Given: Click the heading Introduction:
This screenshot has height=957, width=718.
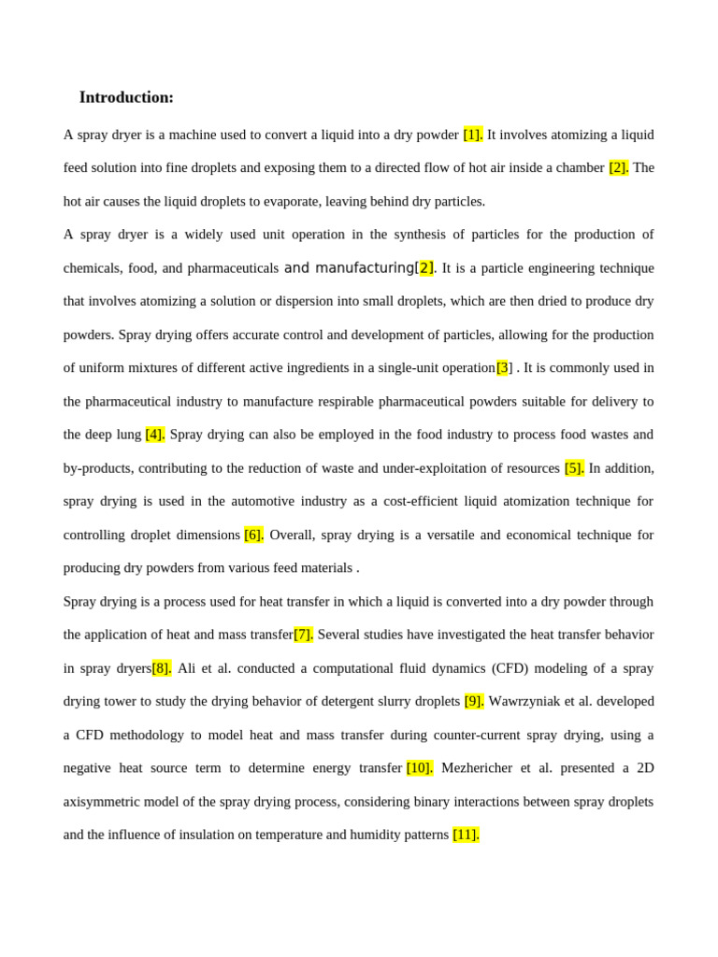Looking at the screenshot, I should coord(126,97).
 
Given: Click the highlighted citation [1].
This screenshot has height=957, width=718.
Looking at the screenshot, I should coord(473,135).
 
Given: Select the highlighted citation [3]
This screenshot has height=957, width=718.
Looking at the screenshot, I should coord(503,368).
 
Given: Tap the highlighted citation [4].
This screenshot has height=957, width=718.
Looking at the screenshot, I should coord(155,435).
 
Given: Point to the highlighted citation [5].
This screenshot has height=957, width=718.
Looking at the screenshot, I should coord(574,468).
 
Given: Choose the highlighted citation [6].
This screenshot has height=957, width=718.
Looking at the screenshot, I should coord(253,535).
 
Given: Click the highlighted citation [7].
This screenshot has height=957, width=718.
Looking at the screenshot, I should coord(303,635).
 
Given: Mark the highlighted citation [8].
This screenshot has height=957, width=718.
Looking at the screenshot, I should coord(162,668).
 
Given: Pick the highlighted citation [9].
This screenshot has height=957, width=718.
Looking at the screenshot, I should coord(474,701).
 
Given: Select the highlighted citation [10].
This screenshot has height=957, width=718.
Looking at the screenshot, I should coord(420,768).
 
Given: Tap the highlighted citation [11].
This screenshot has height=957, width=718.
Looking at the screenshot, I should coord(466,835).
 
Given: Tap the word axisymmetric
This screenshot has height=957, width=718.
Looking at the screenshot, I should coord(105,802).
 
